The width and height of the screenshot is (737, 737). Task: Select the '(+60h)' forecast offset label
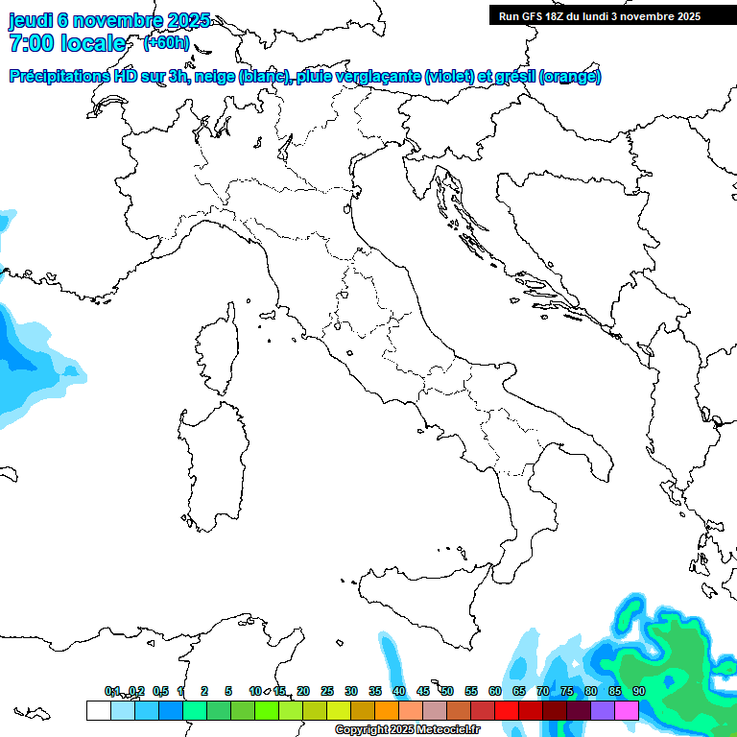(x=166, y=43)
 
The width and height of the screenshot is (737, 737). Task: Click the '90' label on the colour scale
(x=638, y=691)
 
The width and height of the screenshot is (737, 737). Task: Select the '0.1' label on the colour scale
(x=112, y=691)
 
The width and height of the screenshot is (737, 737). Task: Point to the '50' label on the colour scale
(x=446, y=691)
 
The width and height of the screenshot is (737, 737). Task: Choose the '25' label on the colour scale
(x=327, y=691)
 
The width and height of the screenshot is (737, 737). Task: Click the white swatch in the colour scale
(x=98, y=710)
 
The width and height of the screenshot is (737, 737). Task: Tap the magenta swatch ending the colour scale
(x=627, y=710)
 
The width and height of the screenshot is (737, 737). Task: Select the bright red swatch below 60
(x=507, y=710)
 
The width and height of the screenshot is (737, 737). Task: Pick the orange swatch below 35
(x=387, y=710)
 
